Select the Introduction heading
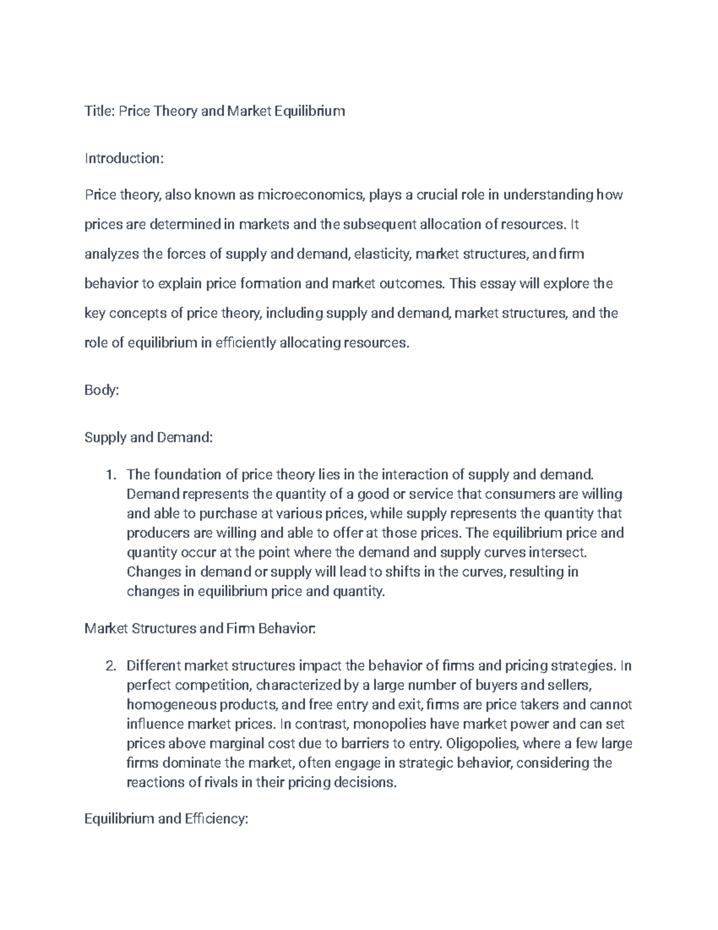tap(123, 159)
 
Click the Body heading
tap(102, 390)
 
